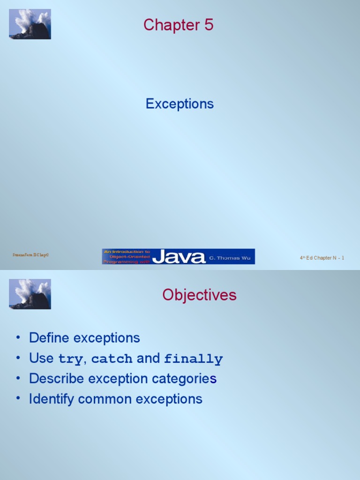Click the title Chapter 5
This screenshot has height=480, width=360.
(178, 25)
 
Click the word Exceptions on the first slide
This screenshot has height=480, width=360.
(180, 104)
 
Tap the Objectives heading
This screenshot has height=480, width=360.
(199, 295)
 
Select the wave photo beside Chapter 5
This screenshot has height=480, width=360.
(30, 24)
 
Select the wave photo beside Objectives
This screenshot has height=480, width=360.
(30, 294)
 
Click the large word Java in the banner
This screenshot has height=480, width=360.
(179, 257)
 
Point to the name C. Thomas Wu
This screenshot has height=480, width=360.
(230, 258)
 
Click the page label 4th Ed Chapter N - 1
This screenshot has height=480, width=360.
(322, 258)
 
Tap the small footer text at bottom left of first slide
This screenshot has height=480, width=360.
(30, 255)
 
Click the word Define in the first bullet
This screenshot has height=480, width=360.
(49, 338)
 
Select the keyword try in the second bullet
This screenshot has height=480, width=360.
(70, 359)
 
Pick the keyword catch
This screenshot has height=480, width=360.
(112, 359)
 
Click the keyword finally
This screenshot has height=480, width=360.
(193, 359)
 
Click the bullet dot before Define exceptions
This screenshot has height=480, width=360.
(18, 338)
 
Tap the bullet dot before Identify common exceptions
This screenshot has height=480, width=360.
(18, 399)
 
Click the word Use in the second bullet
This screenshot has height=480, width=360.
(41, 359)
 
